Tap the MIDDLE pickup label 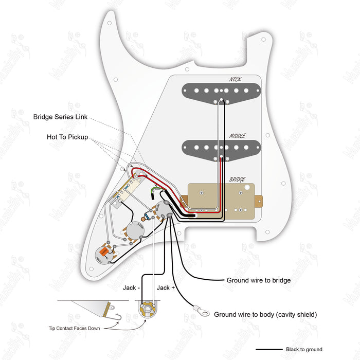point(237,136)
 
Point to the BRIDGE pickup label point(237,179)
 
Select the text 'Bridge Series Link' point(61,117)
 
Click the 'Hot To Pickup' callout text point(67,137)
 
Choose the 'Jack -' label point(130,287)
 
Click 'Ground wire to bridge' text point(259,280)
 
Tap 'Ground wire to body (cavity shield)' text point(265,314)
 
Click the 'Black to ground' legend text point(305,350)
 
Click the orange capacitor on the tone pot point(105,251)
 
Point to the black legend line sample point(270,350)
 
